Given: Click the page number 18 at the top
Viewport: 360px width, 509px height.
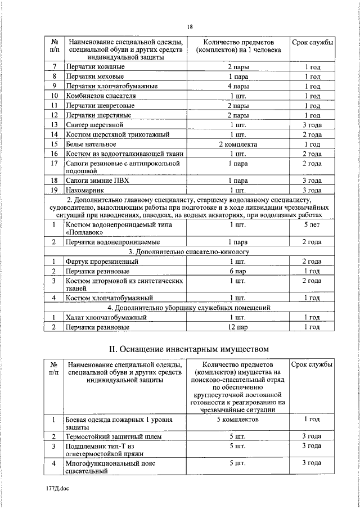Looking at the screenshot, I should coord(190,26).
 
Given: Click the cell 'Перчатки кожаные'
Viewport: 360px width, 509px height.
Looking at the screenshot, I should coord(95,67).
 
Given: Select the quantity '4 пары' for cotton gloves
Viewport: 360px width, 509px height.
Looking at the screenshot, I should coord(238,86).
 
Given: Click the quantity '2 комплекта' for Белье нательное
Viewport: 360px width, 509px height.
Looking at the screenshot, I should coord(238,144).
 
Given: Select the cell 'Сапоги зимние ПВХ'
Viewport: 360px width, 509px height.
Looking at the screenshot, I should coord(97,181).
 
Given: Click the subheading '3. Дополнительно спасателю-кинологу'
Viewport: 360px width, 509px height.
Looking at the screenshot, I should coord(189,252).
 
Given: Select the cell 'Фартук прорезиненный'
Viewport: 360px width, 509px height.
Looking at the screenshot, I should coord(101,262).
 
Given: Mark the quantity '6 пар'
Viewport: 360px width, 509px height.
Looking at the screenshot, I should coord(238,271).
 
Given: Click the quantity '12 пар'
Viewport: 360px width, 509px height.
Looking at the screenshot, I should coord(238,327).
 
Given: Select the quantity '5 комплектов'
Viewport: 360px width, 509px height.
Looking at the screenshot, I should coord(238,420).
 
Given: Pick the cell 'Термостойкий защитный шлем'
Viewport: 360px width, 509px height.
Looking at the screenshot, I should coord(114,436).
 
